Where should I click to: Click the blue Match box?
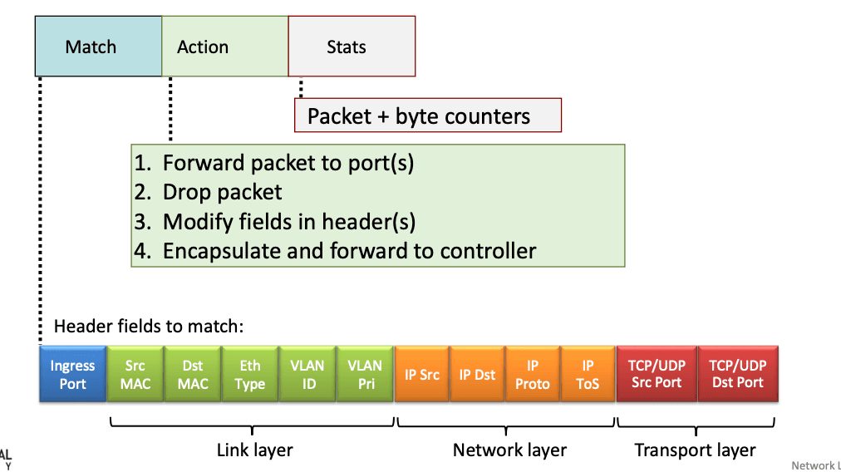[x=98, y=47]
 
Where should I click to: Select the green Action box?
[x=224, y=47]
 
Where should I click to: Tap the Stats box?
[x=352, y=47]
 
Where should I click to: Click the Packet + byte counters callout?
[x=428, y=116]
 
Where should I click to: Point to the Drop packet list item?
[x=208, y=192]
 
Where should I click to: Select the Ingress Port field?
[x=73, y=374]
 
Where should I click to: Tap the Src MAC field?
[x=135, y=374]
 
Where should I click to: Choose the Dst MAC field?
[x=193, y=374]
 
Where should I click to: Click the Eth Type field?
[x=250, y=374]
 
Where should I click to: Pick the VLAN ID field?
[x=307, y=374]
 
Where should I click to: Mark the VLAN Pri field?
[x=366, y=374]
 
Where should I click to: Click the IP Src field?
[x=422, y=374]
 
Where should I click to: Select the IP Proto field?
[x=533, y=374]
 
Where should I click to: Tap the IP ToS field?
[x=588, y=374]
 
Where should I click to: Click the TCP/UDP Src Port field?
[x=657, y=374]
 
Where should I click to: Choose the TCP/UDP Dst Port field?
[x=738, y=374]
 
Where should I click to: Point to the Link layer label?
[x=255, y=450]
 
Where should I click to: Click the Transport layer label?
[x=695, y=450]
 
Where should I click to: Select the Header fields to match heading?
[x=149, y=326]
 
